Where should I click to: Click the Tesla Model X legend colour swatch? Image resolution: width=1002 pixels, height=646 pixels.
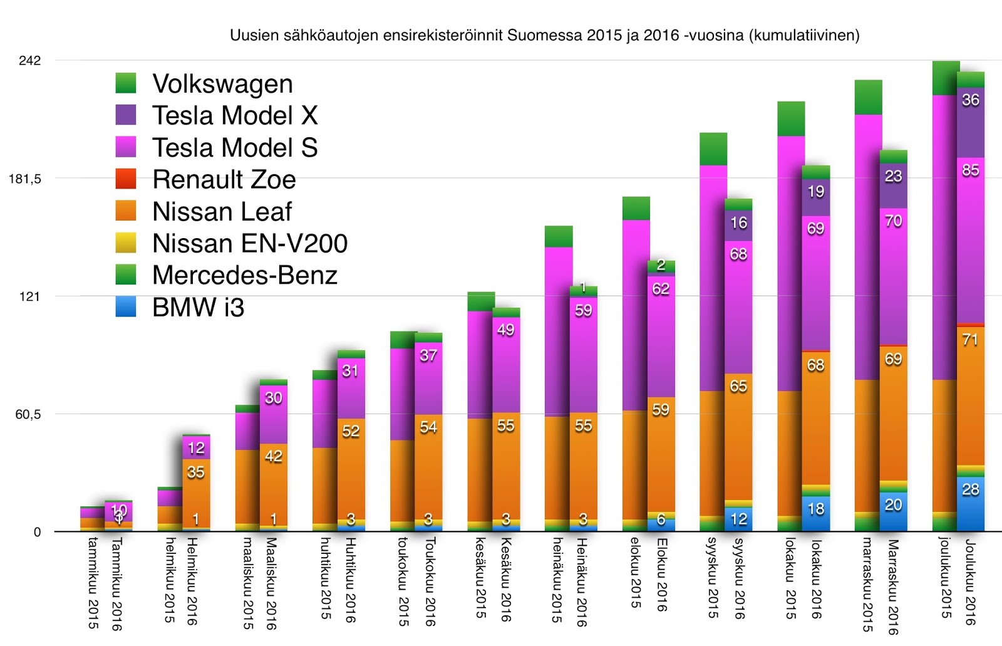(126, 115)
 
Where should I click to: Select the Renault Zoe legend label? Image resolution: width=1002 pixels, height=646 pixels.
(224, 180)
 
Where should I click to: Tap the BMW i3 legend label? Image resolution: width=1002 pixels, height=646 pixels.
(198, 308)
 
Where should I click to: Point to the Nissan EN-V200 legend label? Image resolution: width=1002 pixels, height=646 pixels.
(249, 244)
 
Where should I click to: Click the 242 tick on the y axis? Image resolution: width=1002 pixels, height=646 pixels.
(29, 61)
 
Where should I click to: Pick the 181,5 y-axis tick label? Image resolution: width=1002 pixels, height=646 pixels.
(25, 179)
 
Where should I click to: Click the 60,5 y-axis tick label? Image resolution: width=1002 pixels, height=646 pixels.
(28, 414)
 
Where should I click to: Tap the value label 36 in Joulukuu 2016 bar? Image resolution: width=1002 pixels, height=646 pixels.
(970, 100)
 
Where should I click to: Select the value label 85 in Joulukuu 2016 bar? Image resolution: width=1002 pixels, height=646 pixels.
(970, 170)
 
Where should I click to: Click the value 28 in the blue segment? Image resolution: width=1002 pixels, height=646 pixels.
(970, 489)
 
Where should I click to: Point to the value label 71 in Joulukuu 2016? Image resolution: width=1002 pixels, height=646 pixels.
(970, 340)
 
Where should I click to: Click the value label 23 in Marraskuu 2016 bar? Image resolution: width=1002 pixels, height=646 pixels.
(893, 176)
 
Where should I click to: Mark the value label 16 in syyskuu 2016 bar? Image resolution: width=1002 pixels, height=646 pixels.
(738, 222)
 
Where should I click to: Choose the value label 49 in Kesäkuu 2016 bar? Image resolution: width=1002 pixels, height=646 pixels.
(505, 330)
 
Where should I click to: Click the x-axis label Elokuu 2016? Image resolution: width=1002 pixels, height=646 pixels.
(661, 575)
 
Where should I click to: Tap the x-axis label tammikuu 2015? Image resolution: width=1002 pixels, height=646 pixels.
(93, 583)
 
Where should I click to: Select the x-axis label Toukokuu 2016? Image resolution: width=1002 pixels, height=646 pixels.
(430, 581)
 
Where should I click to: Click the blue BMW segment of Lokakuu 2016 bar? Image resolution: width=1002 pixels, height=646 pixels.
(815, 514)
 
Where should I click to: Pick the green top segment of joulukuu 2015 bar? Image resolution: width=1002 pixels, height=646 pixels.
(946, 78)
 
